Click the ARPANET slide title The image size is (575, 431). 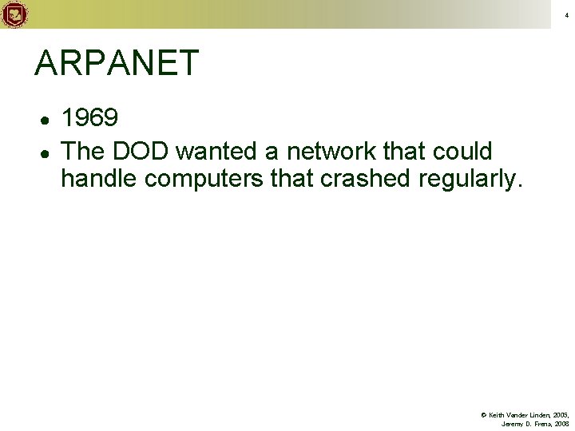[117, 64]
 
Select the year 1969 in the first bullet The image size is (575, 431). [90, 119]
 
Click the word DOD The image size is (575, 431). [145, 151]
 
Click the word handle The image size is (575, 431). [99, 179]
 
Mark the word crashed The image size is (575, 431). [366, 179]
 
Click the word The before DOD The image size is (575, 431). [85, 151]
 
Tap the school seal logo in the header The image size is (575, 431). [14, 14]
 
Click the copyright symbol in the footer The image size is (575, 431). [484, 415]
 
